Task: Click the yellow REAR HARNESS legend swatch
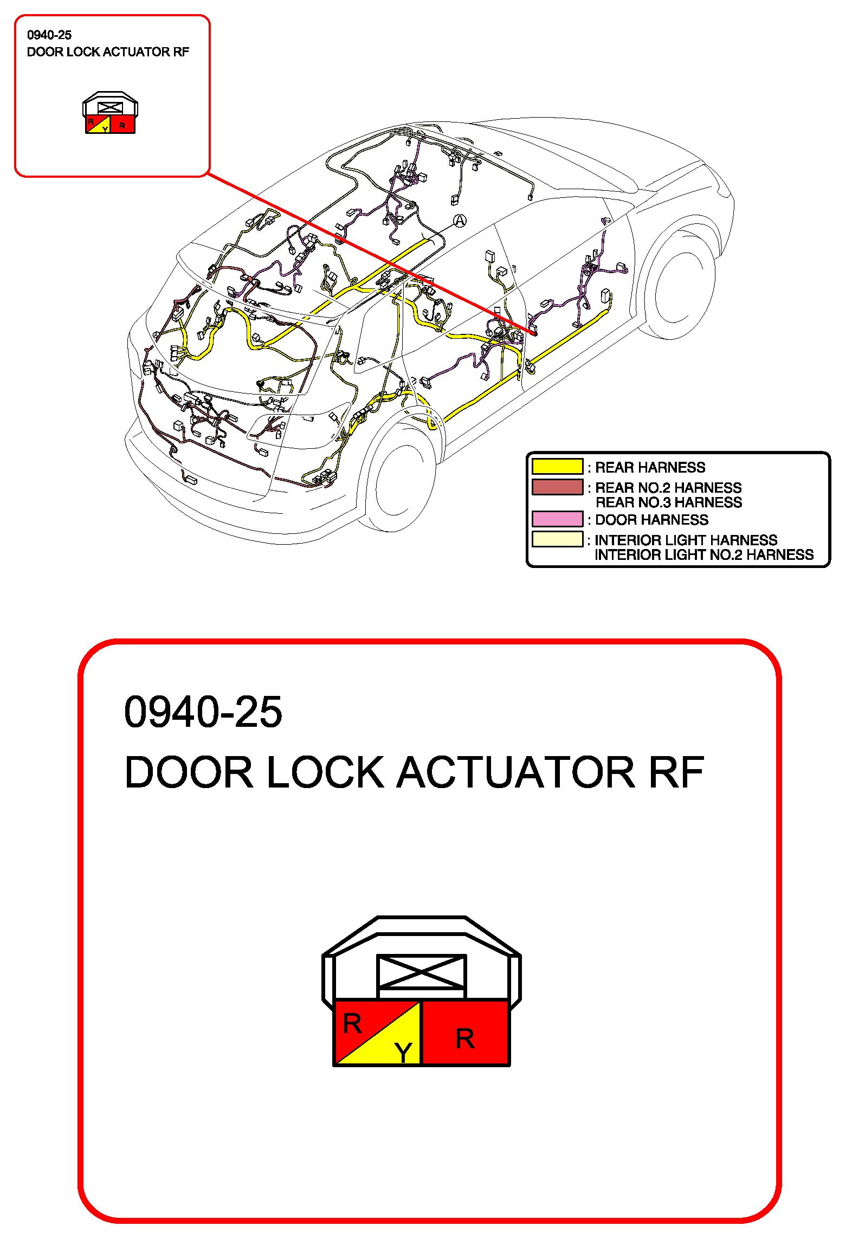tap(557, 467)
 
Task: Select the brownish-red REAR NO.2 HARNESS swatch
tap(557, 487)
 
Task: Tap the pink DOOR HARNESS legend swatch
tap(557, 519)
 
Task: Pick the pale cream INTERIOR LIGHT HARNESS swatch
tap(557, 539)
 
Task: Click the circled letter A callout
tap(460, 221)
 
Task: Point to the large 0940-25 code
tap(203, 712)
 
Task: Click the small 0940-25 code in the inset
tap(49, 35)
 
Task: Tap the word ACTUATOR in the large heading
tap(515, 772)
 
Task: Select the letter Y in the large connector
tap(404, 1053)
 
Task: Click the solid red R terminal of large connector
tap(465, 1033)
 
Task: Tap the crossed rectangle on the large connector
tap(421, 972)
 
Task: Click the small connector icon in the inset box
tap(111, 113)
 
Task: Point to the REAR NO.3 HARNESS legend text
tap(669, 502)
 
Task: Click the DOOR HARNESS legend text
tap(651, 520)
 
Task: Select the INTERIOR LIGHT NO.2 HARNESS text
tap(704, 555)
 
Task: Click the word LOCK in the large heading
tap(325, 772)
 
